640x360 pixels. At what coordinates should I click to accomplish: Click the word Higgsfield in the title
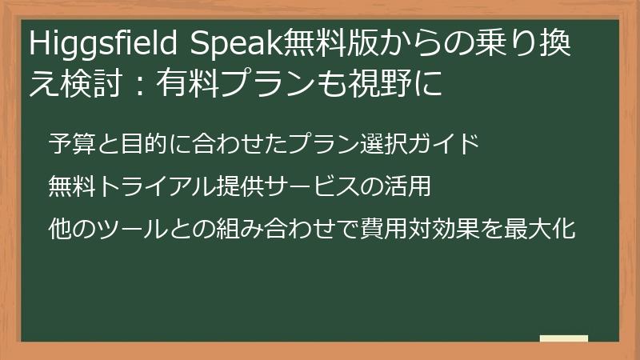(105, 46)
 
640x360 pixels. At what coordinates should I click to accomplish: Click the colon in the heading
(139, 82)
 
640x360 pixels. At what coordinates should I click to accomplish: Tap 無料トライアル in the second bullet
(127, 188)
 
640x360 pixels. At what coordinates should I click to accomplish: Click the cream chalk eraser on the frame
(563, 339)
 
